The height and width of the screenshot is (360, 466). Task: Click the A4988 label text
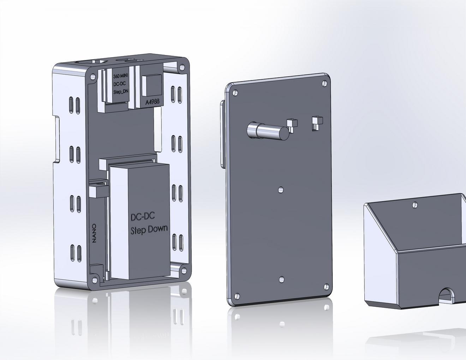[x=153, y=102]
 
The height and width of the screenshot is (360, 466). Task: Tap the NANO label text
[x=94, y=234]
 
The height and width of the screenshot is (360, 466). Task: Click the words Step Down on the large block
[x=149, y=230]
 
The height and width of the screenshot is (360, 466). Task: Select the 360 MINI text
[x=120, y=76]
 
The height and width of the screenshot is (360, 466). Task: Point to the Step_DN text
[x=121, y=91]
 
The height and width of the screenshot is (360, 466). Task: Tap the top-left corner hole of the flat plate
[x=235, y=93]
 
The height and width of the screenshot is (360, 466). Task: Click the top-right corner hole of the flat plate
[x=325, y=83]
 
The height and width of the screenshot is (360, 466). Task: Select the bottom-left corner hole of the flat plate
[x=237, y=296]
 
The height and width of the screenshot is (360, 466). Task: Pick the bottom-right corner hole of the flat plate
[x=326, y=287]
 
